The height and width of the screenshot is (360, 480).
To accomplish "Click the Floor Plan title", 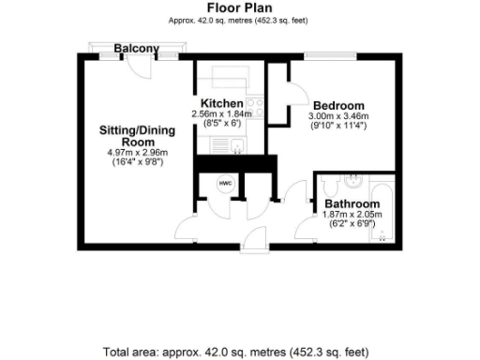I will pos(239,7).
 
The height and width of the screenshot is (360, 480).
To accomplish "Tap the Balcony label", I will pos(136,48).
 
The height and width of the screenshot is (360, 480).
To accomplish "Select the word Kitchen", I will pos(222,103).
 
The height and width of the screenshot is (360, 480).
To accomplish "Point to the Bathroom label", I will pos(352,203).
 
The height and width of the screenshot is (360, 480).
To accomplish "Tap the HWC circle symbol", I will pos(225,184).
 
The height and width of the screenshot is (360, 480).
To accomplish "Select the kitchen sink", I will pos(231,144).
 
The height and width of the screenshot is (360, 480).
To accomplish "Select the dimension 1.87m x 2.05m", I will pos(352,215).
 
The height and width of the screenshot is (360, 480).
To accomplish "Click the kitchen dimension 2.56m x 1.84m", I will pos(221,114).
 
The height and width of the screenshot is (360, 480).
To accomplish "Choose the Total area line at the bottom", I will pos(239,352).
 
